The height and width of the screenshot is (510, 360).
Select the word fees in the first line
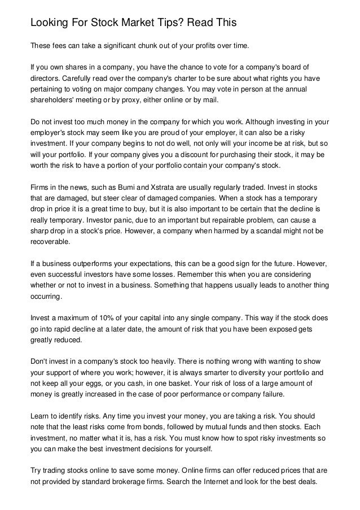[62, 45]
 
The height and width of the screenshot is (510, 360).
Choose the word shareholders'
[52, 101]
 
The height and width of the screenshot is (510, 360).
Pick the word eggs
[104, 383]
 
